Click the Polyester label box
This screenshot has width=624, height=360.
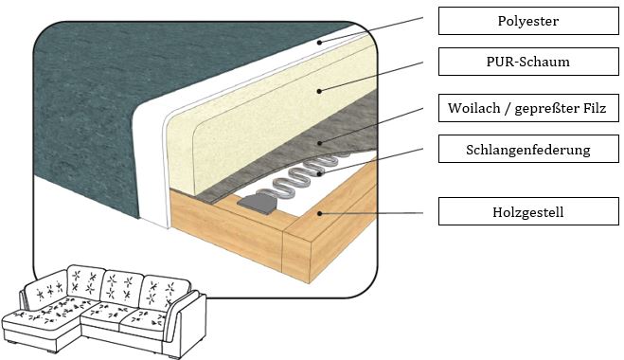(x=528, y=21)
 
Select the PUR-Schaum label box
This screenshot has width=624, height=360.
(x=528, y=62)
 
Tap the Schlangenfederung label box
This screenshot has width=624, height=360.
(x=528, y=149)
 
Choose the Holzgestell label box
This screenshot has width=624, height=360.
(x=528, y=211)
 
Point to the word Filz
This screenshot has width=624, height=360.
(x=593, y=107)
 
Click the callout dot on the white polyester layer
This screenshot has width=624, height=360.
(x=319, y=43)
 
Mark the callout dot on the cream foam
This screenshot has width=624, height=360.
(x=319, y=91)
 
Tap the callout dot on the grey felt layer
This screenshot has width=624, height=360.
(x=319, y=143)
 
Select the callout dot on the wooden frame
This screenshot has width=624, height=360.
(x=319, y=214)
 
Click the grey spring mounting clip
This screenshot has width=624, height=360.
(x=258, y=203)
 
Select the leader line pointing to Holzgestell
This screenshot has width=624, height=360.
(x=371, y=213)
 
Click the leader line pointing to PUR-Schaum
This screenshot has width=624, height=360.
(x=371, y=77)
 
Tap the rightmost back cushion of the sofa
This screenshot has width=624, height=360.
(x=165, y=293)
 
